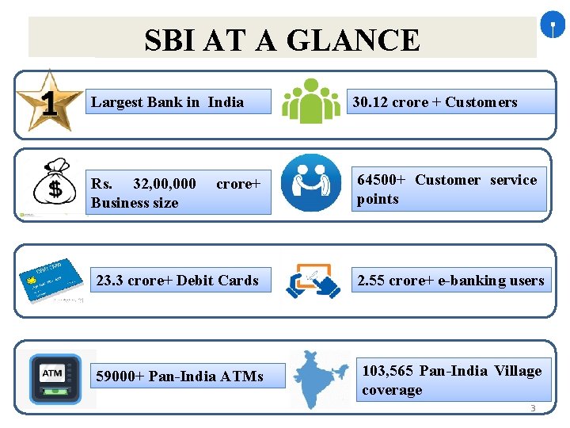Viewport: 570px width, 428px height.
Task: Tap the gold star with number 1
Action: (48, 101)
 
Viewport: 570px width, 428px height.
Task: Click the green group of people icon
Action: (311, 101)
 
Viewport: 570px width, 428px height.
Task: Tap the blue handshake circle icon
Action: (311, 183)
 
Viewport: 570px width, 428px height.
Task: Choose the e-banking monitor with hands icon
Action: (313, 281)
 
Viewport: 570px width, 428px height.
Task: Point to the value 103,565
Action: (388, 371)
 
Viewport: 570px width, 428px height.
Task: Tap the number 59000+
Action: (120, 376)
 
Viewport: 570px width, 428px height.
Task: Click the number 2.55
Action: (372, 281)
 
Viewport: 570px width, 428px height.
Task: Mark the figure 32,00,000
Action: (165, 184)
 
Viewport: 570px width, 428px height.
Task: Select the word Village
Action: (518, 371)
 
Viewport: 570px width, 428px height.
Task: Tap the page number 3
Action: (533, 409)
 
